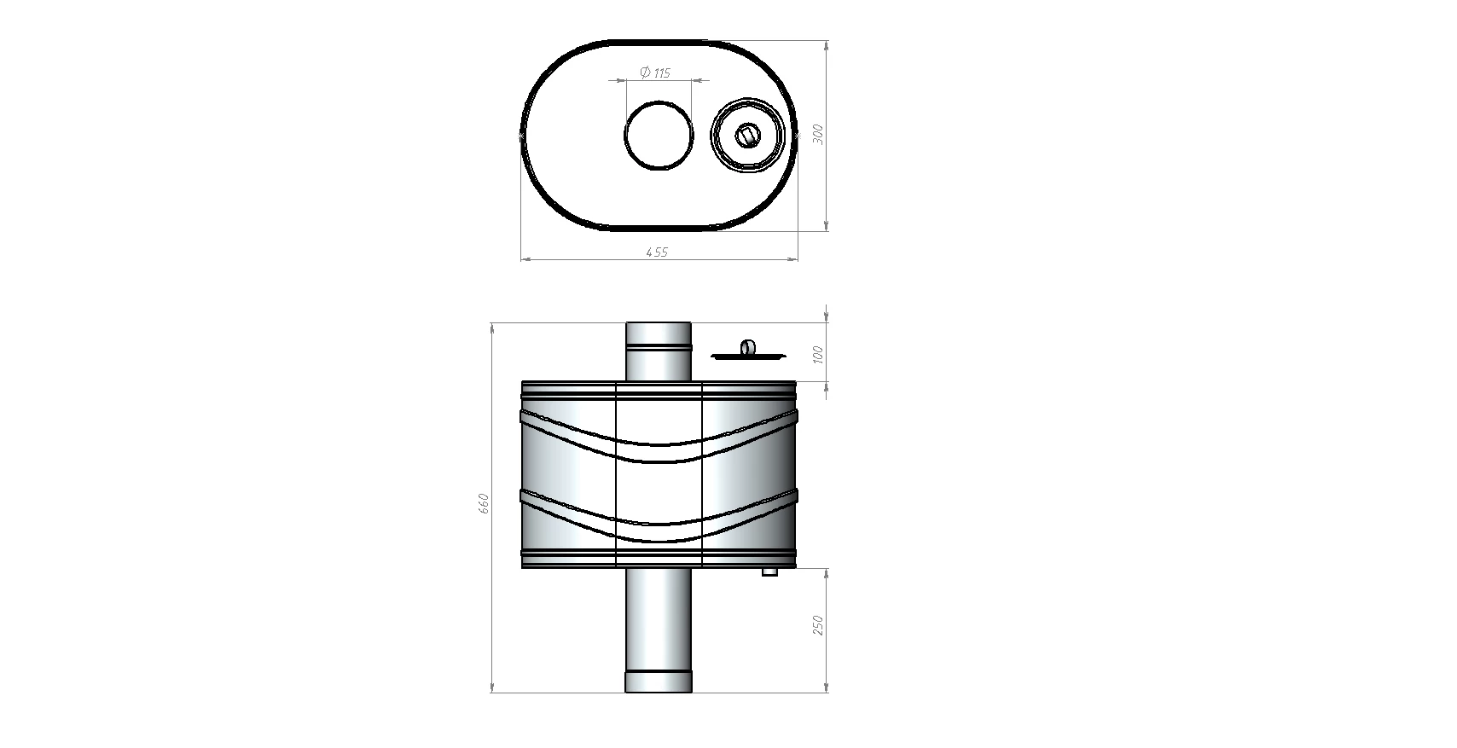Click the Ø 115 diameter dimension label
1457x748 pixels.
655,72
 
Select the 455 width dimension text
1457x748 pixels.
657,252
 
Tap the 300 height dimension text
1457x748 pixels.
818,134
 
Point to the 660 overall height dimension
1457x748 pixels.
484,503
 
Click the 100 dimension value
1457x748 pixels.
818,355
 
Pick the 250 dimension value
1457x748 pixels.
818,625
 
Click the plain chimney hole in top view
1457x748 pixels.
659,136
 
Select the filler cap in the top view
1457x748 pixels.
746,136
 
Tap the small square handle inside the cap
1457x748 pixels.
746,136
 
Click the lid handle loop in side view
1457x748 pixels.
748,347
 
